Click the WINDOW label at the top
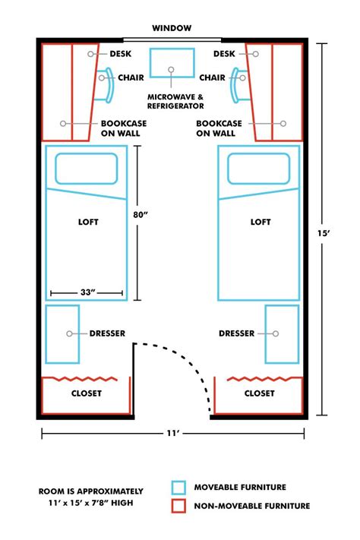(171, 28)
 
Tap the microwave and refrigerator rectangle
(171, 63)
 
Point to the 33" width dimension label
(87, 292)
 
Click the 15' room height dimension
(324, 234)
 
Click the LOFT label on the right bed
(261, 223)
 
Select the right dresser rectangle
(282, 333)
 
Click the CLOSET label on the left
(86, 393)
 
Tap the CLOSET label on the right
(260, 393)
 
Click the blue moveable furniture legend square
(178, 488)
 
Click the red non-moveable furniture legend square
(178, 506)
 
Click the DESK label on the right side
(224, 54)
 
